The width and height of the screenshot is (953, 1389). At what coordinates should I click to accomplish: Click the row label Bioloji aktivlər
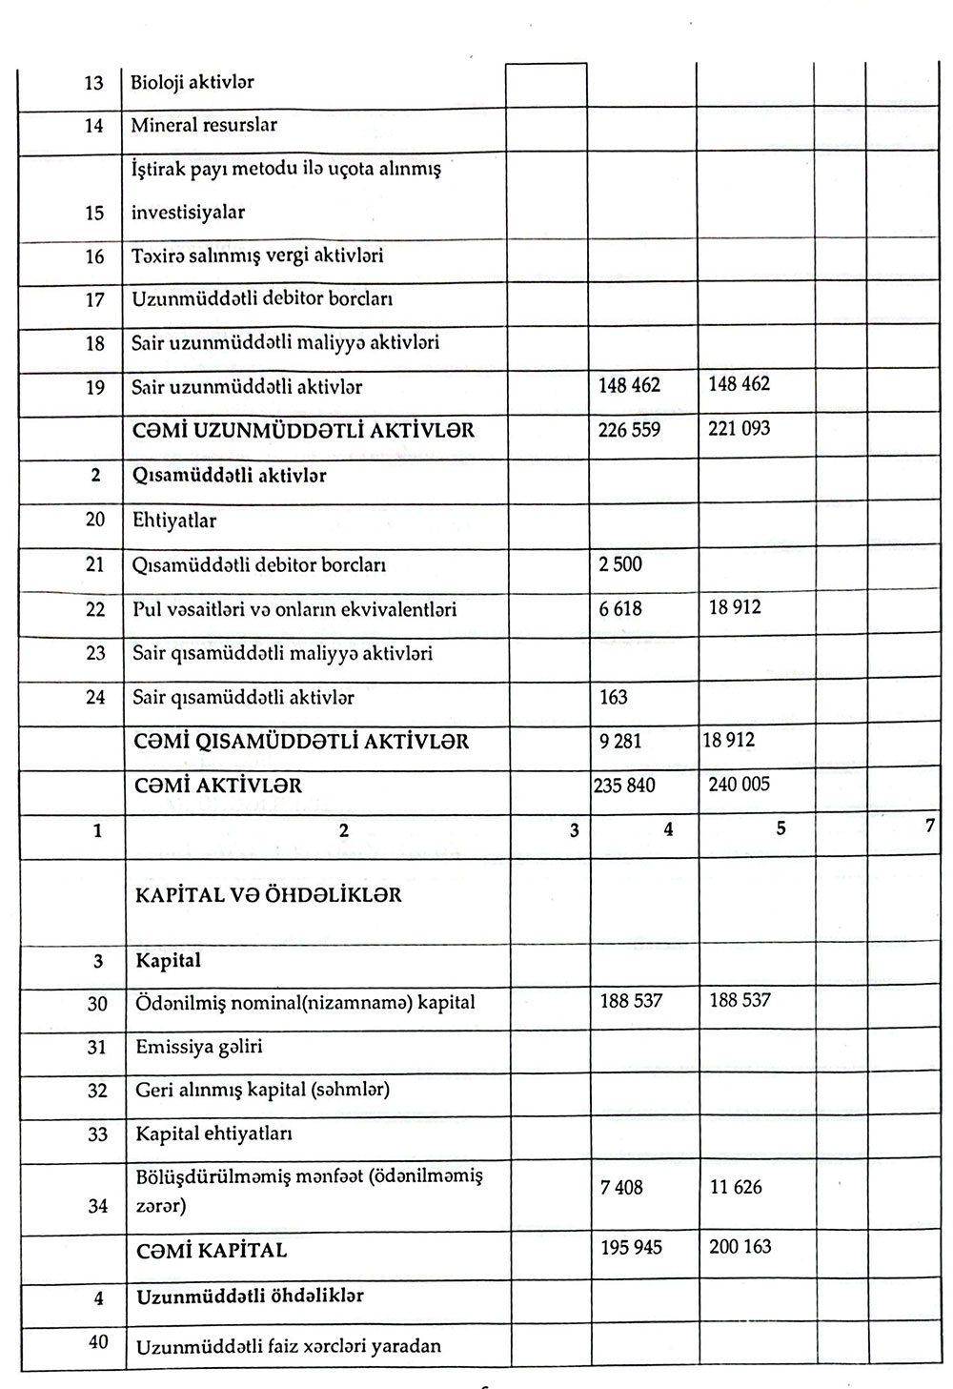[x=193, y=83]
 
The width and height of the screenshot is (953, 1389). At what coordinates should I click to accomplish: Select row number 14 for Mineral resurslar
[x=93, y=126]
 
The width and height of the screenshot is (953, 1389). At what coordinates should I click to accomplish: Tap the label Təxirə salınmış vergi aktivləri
[x=257, y=256]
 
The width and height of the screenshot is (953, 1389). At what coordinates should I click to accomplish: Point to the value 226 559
[x=629, y=430]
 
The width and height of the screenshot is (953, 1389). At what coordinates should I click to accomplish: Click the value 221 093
[x=740, y=429]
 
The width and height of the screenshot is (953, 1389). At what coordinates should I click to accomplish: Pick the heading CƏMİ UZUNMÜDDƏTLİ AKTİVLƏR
[x=303, y=431]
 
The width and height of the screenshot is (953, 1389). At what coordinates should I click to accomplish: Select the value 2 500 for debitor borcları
[x=620, y=564]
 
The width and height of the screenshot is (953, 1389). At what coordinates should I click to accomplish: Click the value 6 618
[x=620, y=608]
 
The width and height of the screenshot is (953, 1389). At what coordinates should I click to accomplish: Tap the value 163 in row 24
[x=614, y=698]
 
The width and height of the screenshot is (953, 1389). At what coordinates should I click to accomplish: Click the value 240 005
[x=740, y=785]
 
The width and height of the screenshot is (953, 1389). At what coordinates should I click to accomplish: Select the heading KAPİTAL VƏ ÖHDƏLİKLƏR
[x=269, y=895]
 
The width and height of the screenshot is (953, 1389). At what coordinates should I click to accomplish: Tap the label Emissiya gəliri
[x=199, y=1047]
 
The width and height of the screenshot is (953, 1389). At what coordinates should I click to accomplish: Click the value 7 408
[x=621, y=1188]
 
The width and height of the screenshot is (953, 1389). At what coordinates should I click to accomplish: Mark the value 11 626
[x=737, y=1188]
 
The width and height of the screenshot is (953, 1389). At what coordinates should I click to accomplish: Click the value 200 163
[x=740, y=1247]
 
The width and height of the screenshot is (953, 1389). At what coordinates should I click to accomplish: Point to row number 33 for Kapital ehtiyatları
[x=97, y=1134]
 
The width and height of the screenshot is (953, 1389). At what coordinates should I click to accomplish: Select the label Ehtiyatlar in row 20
[x=174, y=521]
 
